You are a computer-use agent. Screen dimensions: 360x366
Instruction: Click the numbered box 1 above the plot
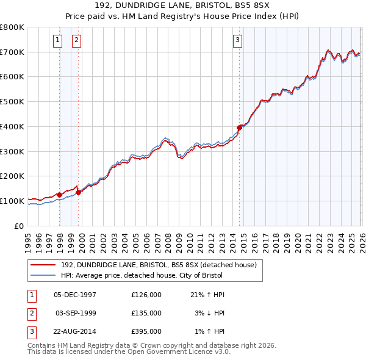[x=57, y=41]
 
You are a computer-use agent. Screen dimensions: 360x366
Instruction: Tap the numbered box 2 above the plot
[x=76, y=41]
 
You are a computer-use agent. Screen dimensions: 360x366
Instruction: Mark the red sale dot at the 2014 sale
[x=239, y=128]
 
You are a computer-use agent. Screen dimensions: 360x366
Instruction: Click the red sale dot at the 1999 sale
[x=79, y=192]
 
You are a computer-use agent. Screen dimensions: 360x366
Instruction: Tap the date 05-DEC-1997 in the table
[x=75, y=295]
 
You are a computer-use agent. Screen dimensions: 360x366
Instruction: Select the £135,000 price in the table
[x=146, y=312]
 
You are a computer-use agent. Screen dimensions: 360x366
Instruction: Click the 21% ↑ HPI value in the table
[x=207, y=295]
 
